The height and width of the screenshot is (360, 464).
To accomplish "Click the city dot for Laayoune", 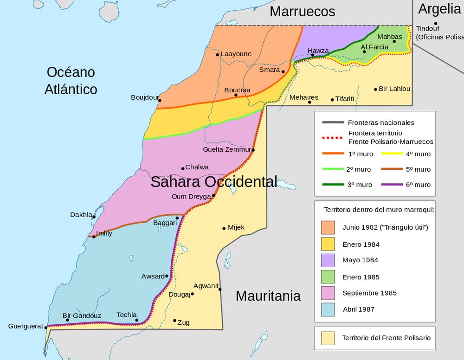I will pyautogui.click(x=217, y=55).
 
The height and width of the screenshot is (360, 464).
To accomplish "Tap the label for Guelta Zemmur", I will pyautogui.click(x=226, y=149).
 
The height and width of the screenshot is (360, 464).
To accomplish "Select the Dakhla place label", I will pyautogui.click(x=81, y=215).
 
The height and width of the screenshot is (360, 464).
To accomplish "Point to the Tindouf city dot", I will pyautogui.click(x=436, y=23).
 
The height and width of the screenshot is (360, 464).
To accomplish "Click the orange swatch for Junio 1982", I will pyautogui.click(x=328, y=227).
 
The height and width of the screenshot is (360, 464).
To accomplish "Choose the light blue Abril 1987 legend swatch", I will pyautogui.click(x=328, y=309).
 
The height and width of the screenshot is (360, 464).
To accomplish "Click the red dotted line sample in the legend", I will pyautogui.click(x=332, y=138).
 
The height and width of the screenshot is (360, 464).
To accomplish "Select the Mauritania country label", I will pyautogui.click(x=268, y=296).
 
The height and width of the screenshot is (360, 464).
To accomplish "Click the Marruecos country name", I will pyautogui.click(x=302, y=11).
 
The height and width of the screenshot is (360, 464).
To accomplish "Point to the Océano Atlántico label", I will pyautogui.click(x=71, y=80).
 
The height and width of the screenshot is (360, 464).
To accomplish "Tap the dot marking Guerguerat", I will pyautogui.click(x=45, y=327).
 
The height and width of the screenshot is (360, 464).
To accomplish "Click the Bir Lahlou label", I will pyautogui.click(x=394, y=89).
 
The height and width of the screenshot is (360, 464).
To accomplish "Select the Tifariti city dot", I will pyautogui.click(x=332, y=99).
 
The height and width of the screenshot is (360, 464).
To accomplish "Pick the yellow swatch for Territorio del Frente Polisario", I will pyautogui.click(x=328, y=338).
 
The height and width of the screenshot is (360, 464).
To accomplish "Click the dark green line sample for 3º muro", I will pyautogui.click(x=332, y=185).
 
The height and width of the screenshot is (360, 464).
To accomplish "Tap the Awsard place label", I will pyautogui.click(x=153, y=276).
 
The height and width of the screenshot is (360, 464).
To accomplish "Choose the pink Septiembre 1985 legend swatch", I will pyautogui.click(x=328, y=293).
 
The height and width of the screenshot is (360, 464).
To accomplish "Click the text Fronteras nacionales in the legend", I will pyautogui.click(x=381, y=122).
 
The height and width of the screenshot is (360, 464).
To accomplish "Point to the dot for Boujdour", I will pyautogui.click(x=160, y=100).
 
